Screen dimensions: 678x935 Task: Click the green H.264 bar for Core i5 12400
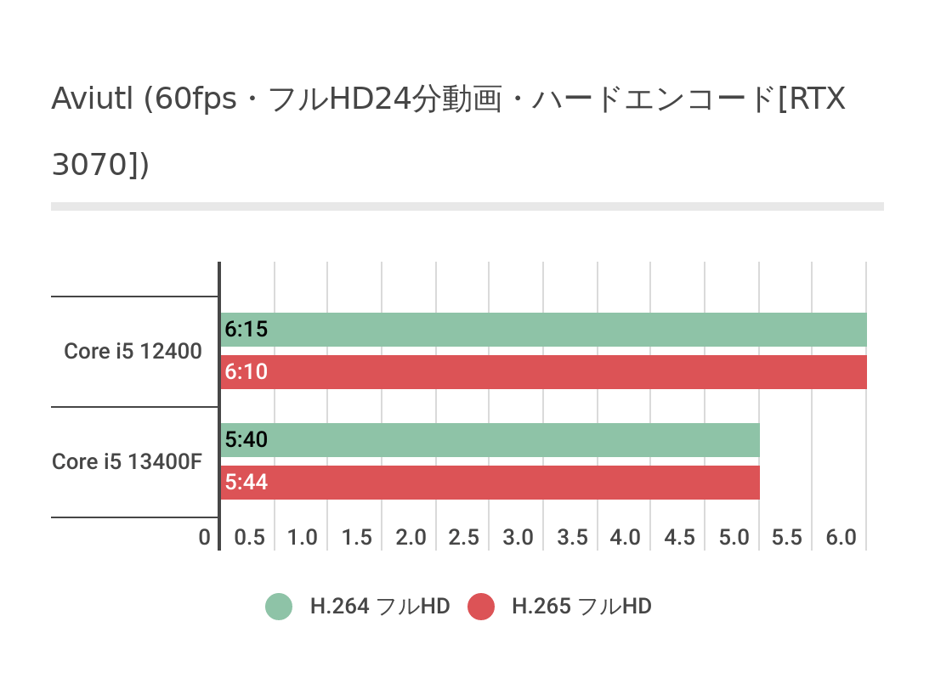[544, 330]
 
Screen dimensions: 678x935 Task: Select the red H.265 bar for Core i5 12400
[544, 372]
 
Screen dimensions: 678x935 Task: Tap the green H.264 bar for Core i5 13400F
[490, 440]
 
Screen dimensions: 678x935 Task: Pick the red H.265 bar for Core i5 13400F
[490, 483]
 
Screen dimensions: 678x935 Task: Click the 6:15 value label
[246, 330]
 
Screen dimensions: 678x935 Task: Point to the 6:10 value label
[246, 372]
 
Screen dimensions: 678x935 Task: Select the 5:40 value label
[246, 440]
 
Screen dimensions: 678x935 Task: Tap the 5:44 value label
[246, 483]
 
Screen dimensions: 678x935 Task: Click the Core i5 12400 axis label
[133, 351]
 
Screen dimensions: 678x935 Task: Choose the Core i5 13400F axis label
[127, 461]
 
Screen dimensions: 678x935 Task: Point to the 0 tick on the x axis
[204, 538]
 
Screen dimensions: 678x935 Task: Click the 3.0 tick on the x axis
[518, 538]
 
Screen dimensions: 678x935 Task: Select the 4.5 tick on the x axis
[680, 538]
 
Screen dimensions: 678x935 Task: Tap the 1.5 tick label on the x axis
[357, 538]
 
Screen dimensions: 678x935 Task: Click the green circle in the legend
[279, 607]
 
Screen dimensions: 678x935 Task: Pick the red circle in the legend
[481, 607]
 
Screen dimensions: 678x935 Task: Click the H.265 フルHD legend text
[581, 607]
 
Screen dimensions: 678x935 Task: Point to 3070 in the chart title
[88, 164]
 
